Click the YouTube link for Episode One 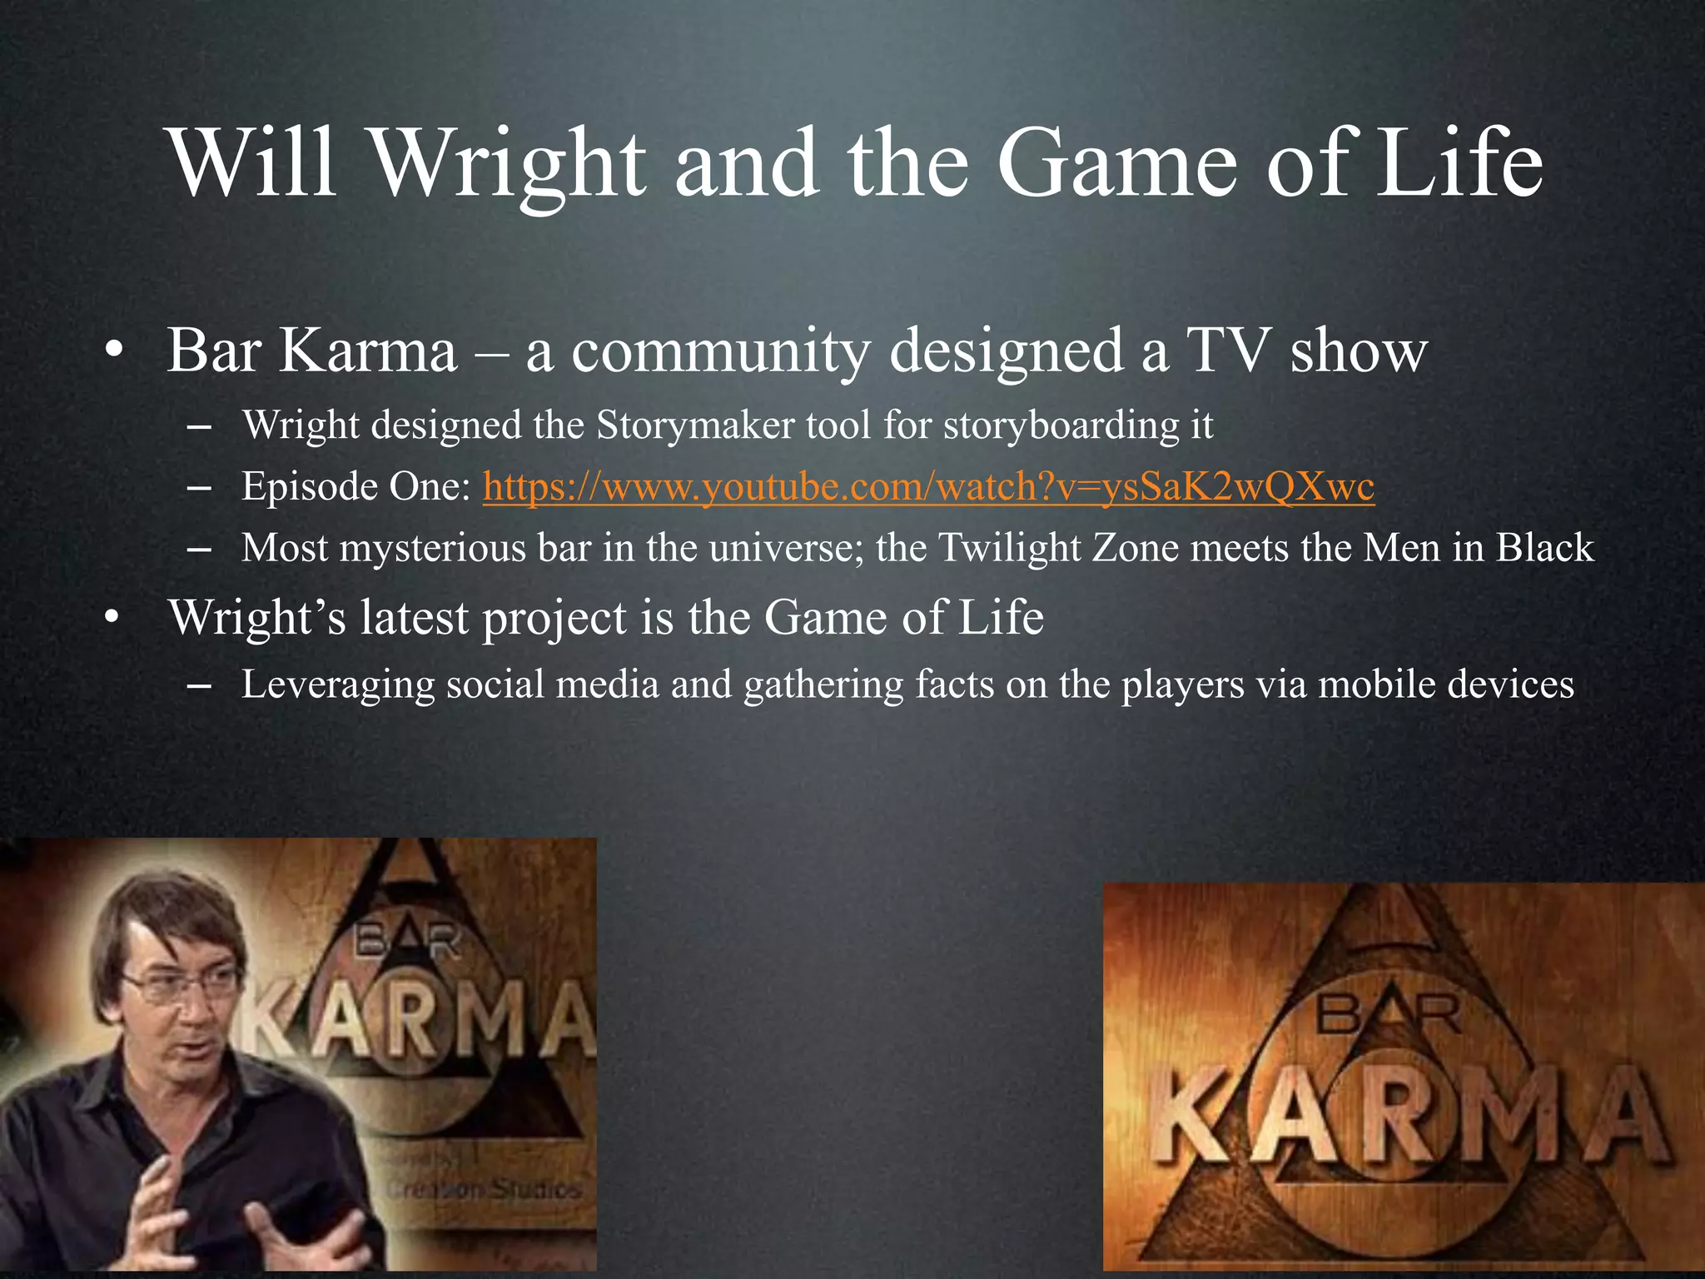pos(928,487)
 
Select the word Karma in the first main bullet pos(368,351)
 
